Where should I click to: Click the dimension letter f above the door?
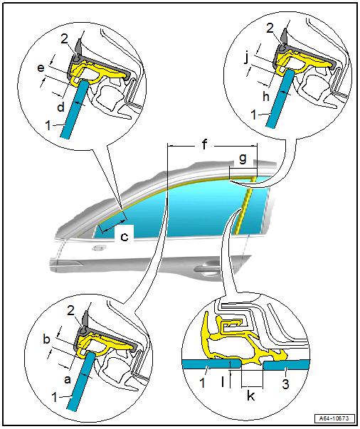[204, 144]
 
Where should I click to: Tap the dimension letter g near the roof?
[243, 159]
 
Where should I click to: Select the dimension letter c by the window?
[125, 237]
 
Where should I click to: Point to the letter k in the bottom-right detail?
[250, 395]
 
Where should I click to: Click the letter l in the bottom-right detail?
[223, 381]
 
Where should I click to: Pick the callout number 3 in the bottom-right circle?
[285, 384]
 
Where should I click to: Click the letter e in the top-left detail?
[41, 68]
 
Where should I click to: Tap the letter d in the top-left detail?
[60, 107]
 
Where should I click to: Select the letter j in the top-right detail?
[247, 58]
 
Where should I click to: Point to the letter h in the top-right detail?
[266, 97]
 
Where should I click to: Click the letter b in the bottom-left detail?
[47, 339]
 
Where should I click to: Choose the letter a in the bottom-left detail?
[68, 380]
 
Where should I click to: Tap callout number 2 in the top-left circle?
[64, 39]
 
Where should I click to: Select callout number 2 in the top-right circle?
[270, 28]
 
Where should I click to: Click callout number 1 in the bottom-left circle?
[55, 398]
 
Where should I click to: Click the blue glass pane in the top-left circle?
[75, 109]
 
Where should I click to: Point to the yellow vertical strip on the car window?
[245, 205]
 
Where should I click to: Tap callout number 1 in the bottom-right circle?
[202, 383]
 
